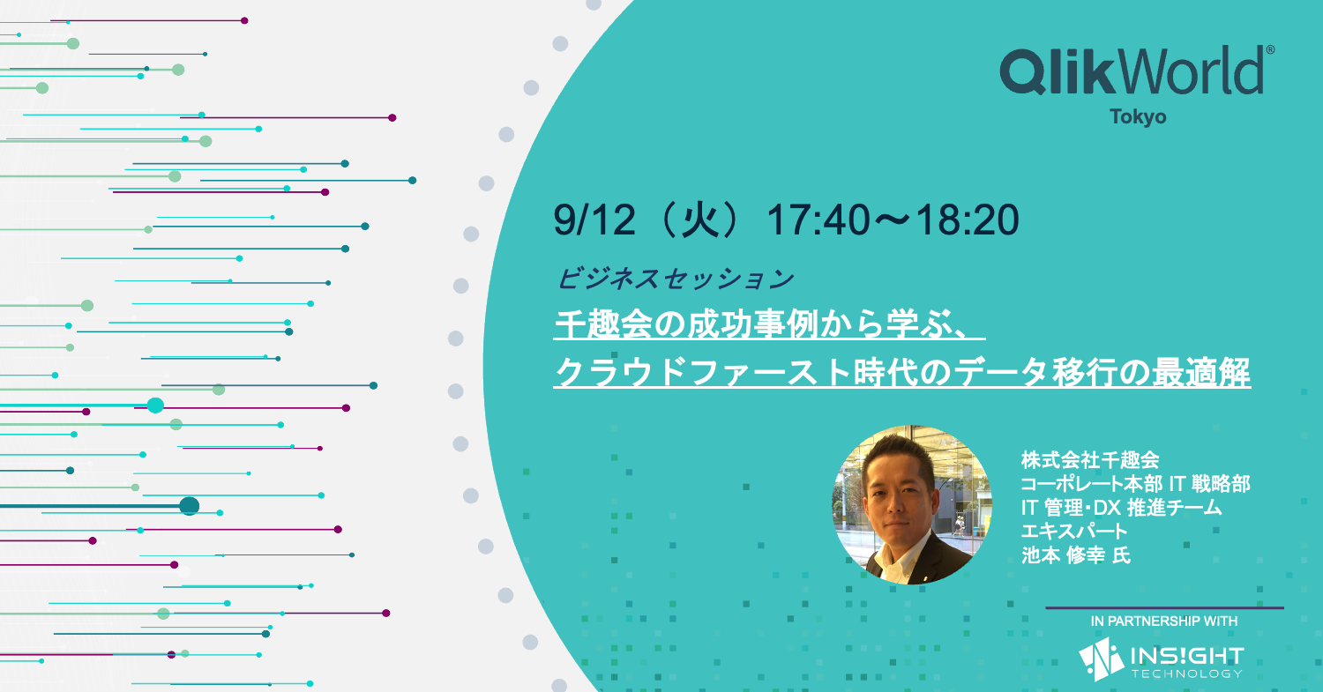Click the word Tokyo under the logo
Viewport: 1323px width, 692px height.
click(x=1138, y=117)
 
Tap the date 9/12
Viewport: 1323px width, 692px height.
click(x=594, y=220)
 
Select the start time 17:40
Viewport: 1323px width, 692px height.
click(x=818, y=220)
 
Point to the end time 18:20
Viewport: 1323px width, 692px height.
click(x=968, y=220)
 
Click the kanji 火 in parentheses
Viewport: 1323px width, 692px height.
click(x=700, y=220)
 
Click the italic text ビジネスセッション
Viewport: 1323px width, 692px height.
click(x=676, y=279)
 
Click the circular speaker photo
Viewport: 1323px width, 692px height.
click(x=911, y=505)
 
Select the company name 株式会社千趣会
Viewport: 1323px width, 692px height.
click(x=1090, y=460)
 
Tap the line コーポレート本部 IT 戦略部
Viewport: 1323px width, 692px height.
click(x=1136, y=484)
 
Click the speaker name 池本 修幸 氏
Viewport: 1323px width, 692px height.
click(x=1076, y=555)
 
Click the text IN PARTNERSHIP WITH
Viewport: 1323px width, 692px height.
click(x=1164, y=621)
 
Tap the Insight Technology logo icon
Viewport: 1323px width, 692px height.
click(x=1101, y=659)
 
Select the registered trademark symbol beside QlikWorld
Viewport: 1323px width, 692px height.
click(x=1270, y=50)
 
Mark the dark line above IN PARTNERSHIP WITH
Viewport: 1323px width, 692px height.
click(x=1165, y=607)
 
